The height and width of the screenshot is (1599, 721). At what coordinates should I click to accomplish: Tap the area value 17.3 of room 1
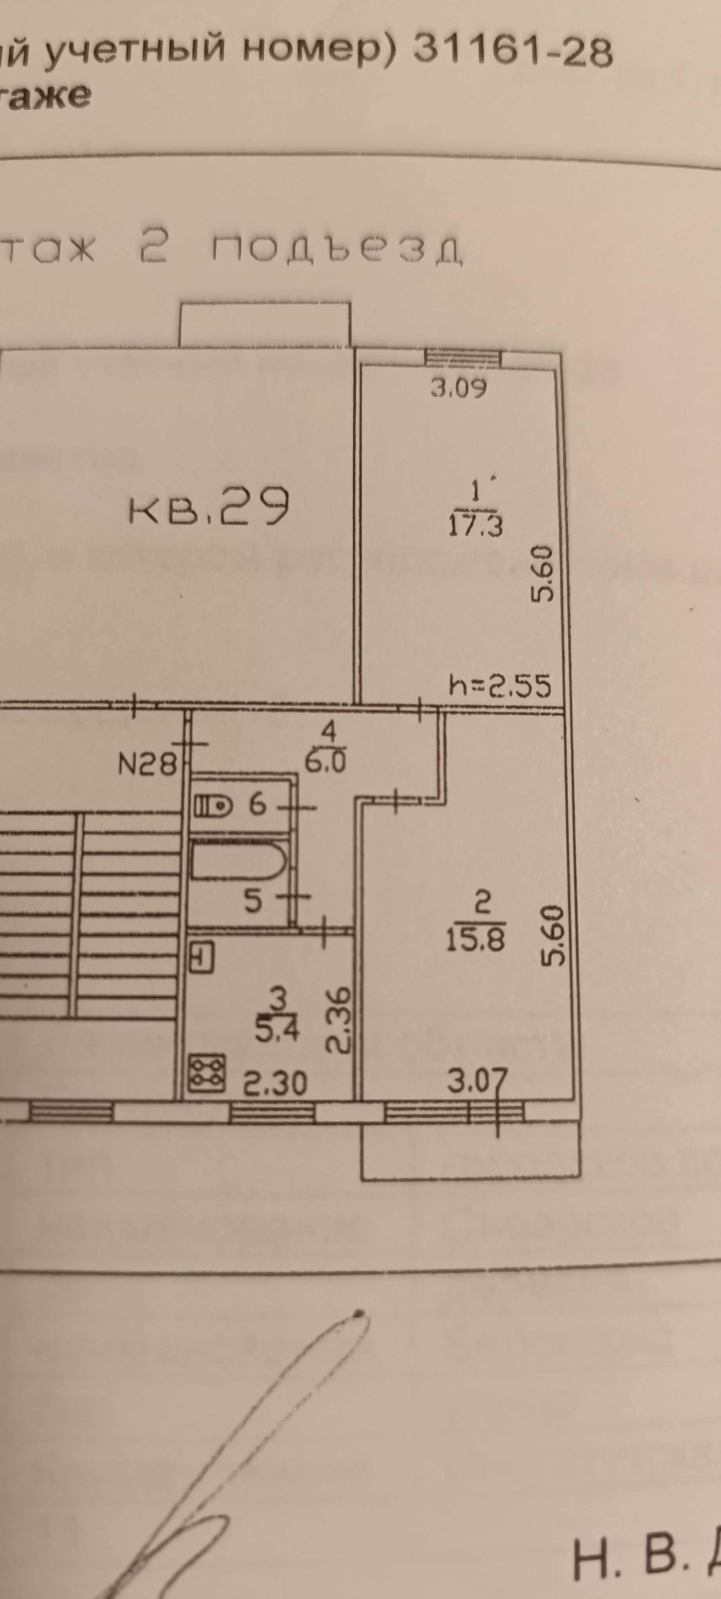[475, 526]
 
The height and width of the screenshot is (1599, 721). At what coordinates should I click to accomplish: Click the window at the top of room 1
[463, 357]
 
